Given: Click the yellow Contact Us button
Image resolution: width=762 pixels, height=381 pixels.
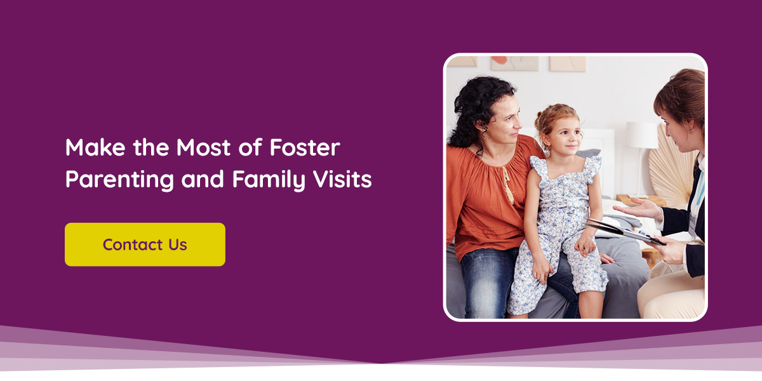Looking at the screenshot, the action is pyautogui.click(x=145, y=244).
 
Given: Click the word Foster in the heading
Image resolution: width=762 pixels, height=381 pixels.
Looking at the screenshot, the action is pyautogui.click(x=305, y=147).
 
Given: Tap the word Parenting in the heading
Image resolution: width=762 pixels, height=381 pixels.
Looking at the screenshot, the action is pyautogui.click(x=119, y=179).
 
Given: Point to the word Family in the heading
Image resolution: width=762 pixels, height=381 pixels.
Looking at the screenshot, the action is pyautogui.click(x=269, y=179).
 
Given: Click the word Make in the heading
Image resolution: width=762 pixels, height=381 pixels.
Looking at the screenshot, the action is pyautogui.click(x=95, y=147).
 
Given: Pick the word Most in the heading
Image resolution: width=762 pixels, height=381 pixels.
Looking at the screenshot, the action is pyautogui.click(x=203, y=147).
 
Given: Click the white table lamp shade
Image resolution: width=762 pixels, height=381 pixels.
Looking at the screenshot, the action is pyautogui.click(x=641, y=135).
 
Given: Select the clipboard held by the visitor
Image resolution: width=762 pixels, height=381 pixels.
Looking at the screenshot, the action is pyautogui.click(x=625, y=231).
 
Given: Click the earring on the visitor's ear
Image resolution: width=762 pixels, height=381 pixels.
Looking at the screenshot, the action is pyautogui.click(x=691, y=130).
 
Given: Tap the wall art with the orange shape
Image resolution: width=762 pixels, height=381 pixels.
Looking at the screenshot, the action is pyautogui.click(x=514, y=63).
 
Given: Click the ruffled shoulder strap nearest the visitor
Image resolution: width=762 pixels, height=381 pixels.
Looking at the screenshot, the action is pyautogui.click(x=592, y=169).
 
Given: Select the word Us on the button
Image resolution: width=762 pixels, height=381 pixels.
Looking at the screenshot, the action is pyautogui.click(x=178, y=244).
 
